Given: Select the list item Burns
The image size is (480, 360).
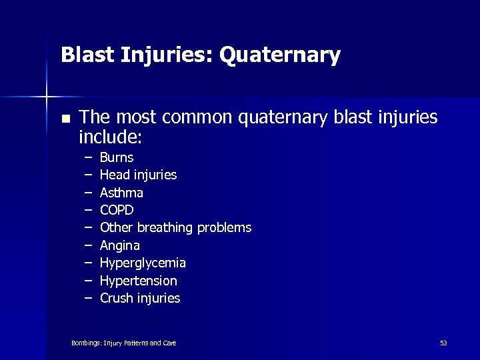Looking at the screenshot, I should (117, 158).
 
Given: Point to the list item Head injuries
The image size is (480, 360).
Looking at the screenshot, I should (138, 175).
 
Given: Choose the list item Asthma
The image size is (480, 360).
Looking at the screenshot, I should (121, 193).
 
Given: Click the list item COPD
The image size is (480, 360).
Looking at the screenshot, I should (117, 210).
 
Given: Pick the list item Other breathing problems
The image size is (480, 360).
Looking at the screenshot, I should (175, 228).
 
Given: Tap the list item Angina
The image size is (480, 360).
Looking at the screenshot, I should (120, 245).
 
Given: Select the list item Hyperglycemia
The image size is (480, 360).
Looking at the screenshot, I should (143, 263).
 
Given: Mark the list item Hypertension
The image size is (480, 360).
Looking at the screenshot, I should (138, 281).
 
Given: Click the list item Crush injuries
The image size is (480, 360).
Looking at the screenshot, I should (140, 298).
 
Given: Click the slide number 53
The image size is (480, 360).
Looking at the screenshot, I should (443, 343).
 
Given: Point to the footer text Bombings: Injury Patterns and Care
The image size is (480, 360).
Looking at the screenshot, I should (123, 343).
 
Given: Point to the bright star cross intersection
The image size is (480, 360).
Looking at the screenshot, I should (47, 97).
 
